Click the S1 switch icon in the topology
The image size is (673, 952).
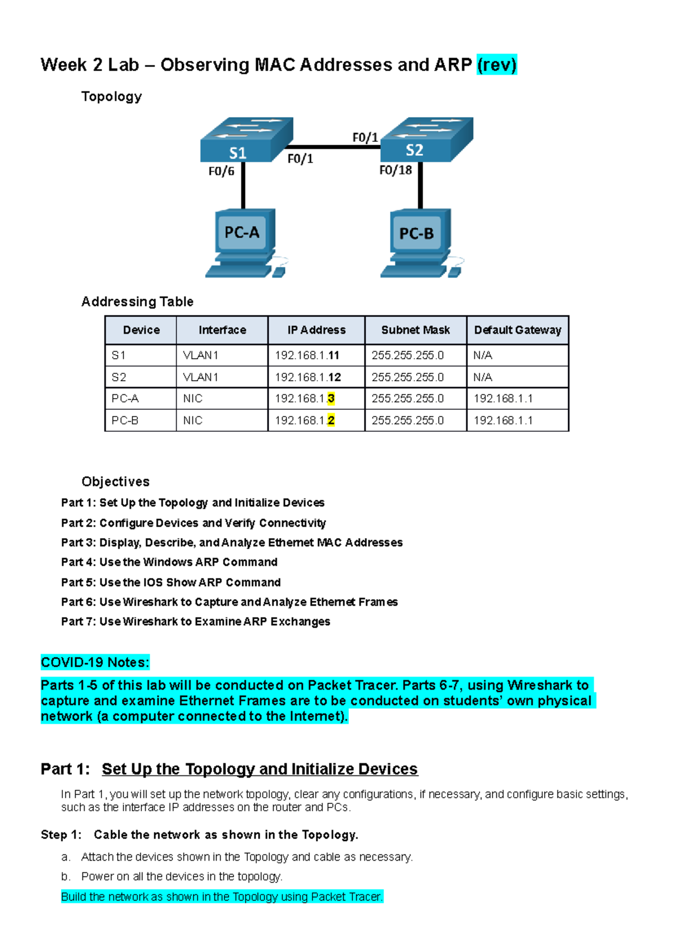tap(246, 140)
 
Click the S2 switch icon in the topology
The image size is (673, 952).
tap(426, 140)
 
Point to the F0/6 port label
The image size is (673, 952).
tap(221, 172)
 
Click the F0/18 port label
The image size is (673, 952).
tap(395, 170)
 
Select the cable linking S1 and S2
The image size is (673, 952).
tap(336, 147)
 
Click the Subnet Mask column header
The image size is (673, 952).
tap(415, 330)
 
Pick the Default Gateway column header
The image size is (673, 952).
tap(517, 330)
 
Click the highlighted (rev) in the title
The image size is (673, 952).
tap(496, 65)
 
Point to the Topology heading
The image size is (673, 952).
tap(112, 96)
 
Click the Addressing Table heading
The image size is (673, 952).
tap(137, 302)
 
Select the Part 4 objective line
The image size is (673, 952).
tap(169, 562)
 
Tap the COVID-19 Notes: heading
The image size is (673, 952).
tap(95, 663)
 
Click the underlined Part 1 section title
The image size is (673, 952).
tap(259, 769)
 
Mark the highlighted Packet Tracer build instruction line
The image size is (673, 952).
tap(222, 897)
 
